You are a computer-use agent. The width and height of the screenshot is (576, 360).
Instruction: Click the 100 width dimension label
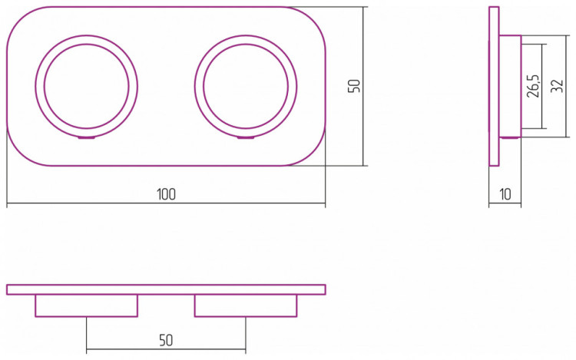tap(166, 194)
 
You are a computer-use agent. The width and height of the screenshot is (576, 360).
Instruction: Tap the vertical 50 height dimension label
tap(354, 86)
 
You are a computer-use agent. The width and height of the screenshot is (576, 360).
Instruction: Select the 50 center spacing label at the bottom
tap(166, 340)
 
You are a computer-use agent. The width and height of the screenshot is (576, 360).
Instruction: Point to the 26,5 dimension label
tap(533, 86)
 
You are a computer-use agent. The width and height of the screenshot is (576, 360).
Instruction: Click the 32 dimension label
tap(558, 86)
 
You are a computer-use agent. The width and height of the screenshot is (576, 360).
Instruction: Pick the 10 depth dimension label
tap(505, 194)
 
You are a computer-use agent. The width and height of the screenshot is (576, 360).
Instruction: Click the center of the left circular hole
tap(87, 86)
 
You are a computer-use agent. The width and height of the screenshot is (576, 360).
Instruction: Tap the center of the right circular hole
tap(246, 86)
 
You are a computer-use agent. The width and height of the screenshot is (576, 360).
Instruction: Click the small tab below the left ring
tap(87, 138)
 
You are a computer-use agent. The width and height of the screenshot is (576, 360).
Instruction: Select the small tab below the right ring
tap(246, 138)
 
